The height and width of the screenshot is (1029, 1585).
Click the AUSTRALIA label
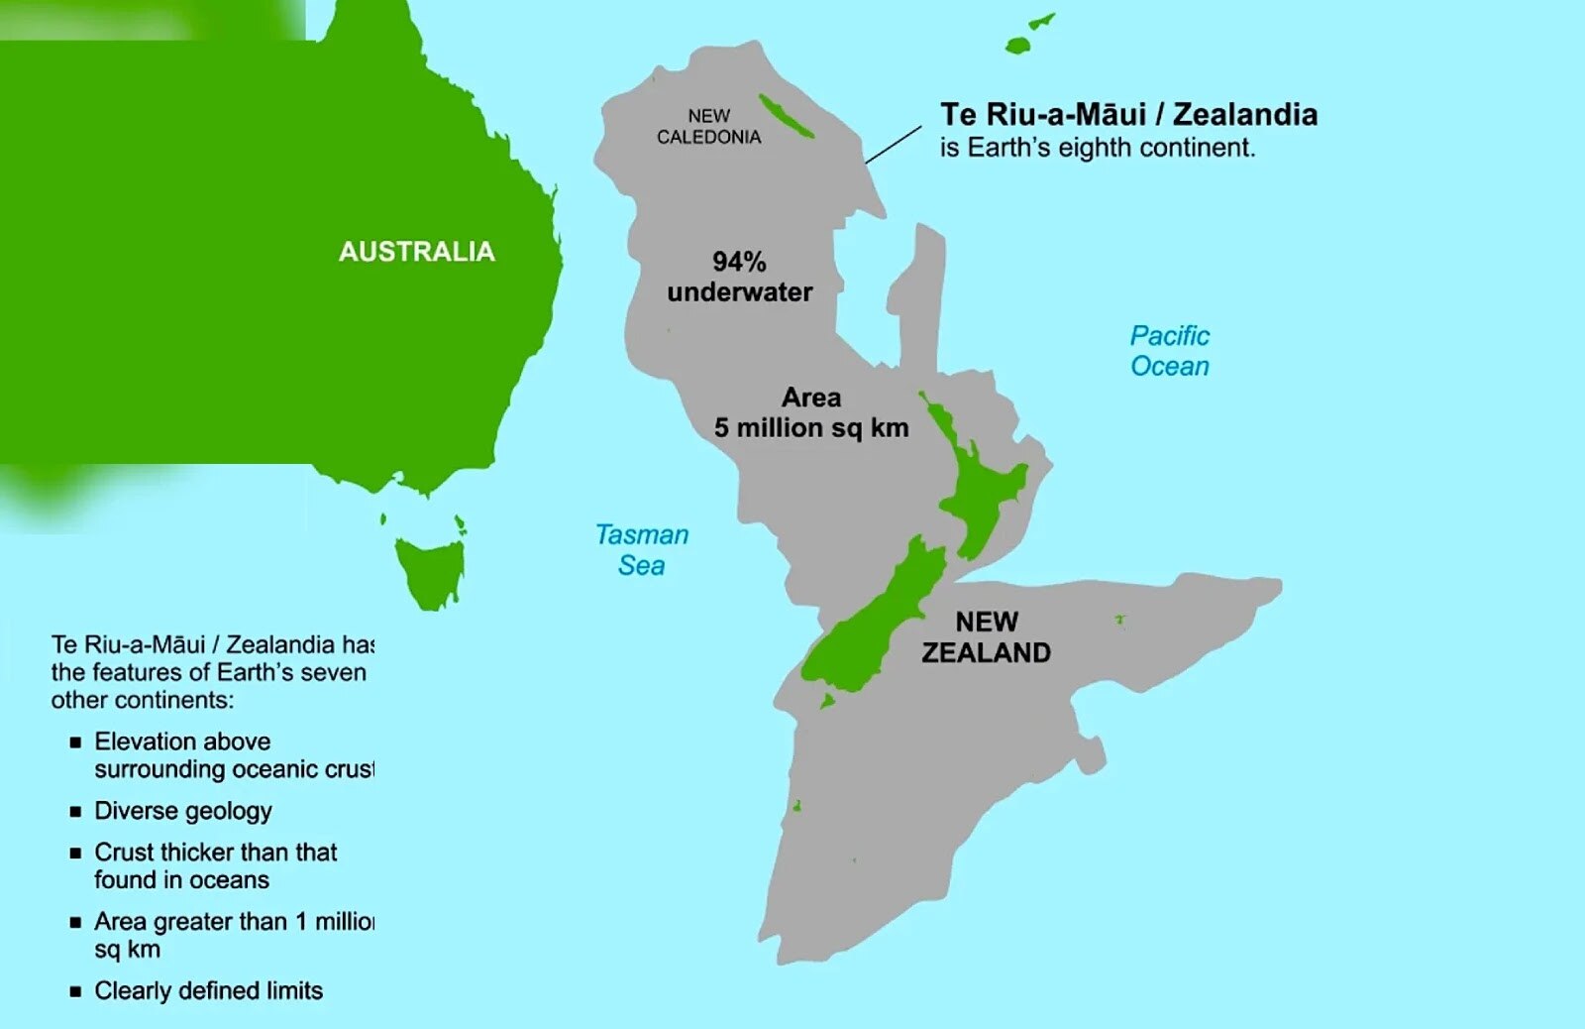pos(416,252)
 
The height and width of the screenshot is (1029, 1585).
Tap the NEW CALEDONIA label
pos(709,127)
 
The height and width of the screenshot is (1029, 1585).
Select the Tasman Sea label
pos(642,550)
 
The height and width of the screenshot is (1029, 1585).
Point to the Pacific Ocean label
pos(1170,351)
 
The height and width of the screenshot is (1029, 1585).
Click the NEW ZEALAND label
pos(987,637)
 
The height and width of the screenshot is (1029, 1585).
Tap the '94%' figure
pos(739,262)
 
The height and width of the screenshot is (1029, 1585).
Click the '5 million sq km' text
pos(811,428)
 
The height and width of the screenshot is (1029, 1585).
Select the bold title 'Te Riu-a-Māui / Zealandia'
pos(1128,115)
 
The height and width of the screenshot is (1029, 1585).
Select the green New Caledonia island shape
pos(786,116)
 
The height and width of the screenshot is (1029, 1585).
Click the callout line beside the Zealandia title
pos(894,144)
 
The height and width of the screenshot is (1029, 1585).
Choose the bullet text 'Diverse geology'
pos(183,811)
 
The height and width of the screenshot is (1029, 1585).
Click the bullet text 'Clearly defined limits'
pos(209,991)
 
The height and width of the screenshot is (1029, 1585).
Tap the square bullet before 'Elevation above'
pos(75,743)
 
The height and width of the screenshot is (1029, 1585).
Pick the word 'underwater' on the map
pos(739,292)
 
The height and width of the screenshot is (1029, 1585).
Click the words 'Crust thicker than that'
pos(216,853)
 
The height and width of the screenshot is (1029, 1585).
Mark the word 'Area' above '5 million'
pos(811,398)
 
